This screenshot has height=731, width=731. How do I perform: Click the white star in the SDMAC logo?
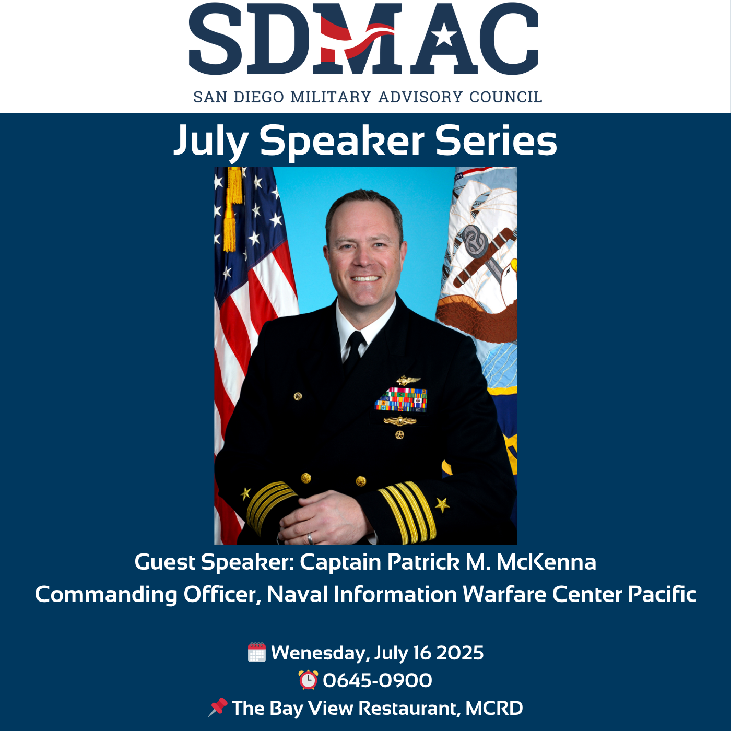(444, 37)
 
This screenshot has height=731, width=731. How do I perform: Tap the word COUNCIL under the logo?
(505, 97)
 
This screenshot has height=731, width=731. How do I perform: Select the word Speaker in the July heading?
(342, 141)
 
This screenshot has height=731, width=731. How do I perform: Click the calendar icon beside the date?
(257, 652)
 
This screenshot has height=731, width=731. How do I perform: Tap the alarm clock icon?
(308, 679)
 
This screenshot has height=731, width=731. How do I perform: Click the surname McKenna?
(546, 562)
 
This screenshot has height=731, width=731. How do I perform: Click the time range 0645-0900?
(378, 680)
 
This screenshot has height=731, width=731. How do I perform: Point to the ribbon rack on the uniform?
(401, 400)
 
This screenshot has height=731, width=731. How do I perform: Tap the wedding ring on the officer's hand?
(310, 538)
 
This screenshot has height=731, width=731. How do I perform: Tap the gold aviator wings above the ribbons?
(408, 380)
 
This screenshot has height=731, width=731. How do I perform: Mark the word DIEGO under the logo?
(258, 97)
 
